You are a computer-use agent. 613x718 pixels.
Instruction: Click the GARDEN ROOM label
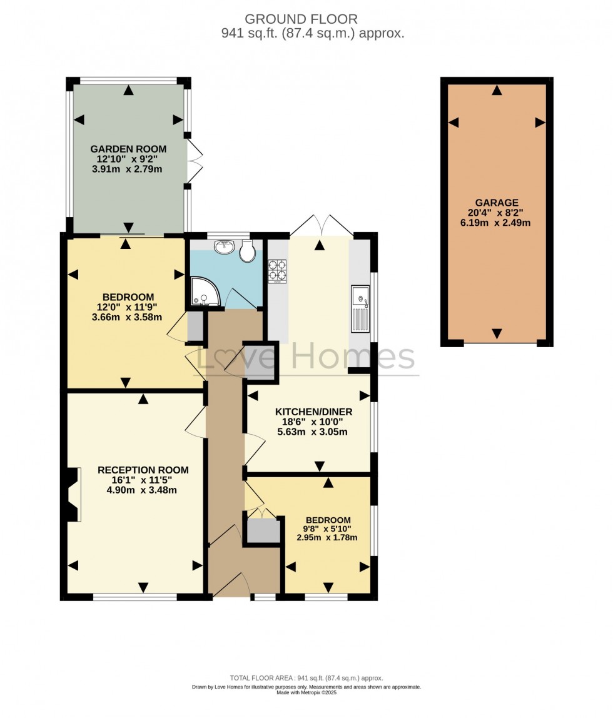[x=128, y=149]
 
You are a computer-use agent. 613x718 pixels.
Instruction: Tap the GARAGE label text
[x=497, y=203]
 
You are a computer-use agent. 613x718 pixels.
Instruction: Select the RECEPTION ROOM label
[x=143, y=470]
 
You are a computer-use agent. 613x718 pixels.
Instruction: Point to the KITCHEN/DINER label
[x=314, y=412]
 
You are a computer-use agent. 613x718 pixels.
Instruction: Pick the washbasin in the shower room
[x=224, y=247]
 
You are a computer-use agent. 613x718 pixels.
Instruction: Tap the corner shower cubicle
[x=203, y=293]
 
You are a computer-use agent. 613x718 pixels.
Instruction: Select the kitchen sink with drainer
[x=361, y=308]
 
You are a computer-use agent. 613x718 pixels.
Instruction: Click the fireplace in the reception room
[x=72, y=494]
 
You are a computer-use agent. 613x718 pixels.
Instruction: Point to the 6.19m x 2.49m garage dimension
[x=497, y=223]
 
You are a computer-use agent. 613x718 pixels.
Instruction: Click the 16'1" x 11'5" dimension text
[x=143, y=480]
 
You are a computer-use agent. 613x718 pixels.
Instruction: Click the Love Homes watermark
[x=306, y=358]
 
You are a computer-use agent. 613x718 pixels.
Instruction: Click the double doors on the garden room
[x=196, y=162]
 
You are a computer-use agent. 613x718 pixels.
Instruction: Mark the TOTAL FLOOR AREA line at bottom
[x=306, y=678]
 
